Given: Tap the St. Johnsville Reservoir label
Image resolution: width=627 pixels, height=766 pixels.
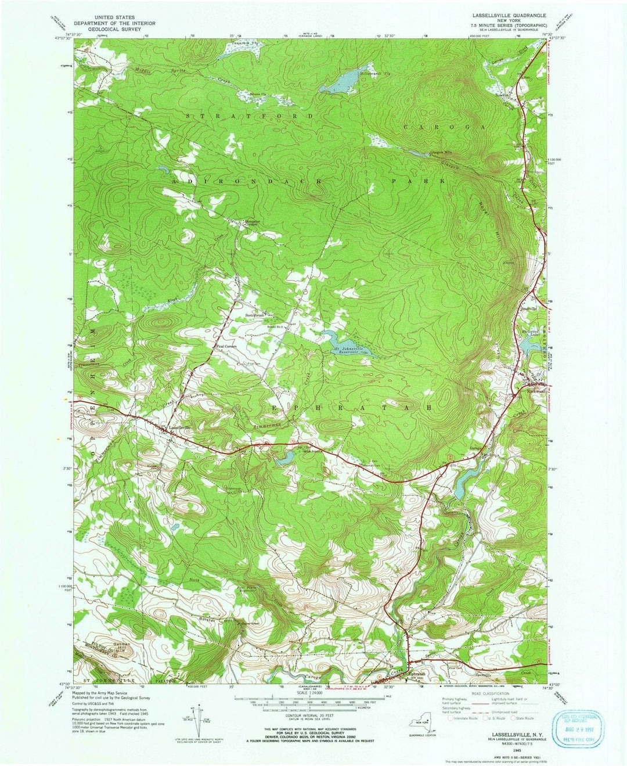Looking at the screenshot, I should [x=353, y=351].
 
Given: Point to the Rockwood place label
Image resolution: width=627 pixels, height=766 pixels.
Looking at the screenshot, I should [x=536, y=391].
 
